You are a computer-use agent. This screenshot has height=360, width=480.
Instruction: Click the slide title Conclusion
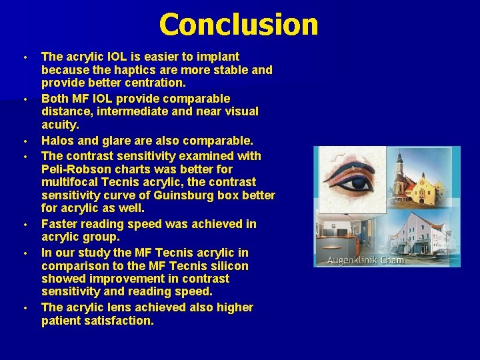pos(239,25)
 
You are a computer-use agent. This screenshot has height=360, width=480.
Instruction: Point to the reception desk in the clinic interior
pos(347,237)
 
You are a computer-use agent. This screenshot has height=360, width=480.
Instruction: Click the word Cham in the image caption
pos(392,259)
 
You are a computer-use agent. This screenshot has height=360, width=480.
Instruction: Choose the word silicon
pos(225,265)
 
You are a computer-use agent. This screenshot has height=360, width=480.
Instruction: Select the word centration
pos(153,83)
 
